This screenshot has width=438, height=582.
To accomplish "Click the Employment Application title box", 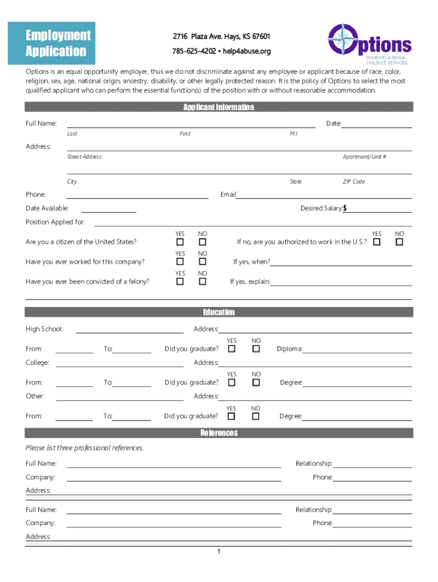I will coord(59,43).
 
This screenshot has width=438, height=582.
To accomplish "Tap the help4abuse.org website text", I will coord(246,51).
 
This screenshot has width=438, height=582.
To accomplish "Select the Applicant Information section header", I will coord(218,107).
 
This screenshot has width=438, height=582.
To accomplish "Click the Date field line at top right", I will coord(376,124).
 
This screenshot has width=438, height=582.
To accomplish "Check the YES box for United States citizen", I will coord(180,243).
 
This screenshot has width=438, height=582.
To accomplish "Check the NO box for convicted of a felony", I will coord(202,281).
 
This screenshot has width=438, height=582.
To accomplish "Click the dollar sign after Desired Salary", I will coord(345,209).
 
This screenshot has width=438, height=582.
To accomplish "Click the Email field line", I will coord(324,195).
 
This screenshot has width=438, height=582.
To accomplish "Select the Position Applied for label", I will coord(55,222).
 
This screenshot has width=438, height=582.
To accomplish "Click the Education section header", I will coord(218,312).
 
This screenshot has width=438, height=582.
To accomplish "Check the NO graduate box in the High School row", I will coord(256,349).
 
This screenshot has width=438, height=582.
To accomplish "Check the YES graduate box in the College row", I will coord(232,383).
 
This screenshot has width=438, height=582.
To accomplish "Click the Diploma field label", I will coord(289,349).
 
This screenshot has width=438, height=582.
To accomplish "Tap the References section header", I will coord(218,433).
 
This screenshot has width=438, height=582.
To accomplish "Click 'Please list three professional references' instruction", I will coord(84,448).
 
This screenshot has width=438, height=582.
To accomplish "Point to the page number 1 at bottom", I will coord(218,552).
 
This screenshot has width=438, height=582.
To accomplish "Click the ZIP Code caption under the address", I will coord(353,182).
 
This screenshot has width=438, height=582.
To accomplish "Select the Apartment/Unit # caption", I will coord(364,157).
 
